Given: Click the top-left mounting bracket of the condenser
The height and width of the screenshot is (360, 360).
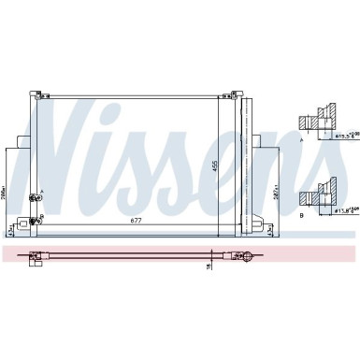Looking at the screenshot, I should point(38,94).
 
